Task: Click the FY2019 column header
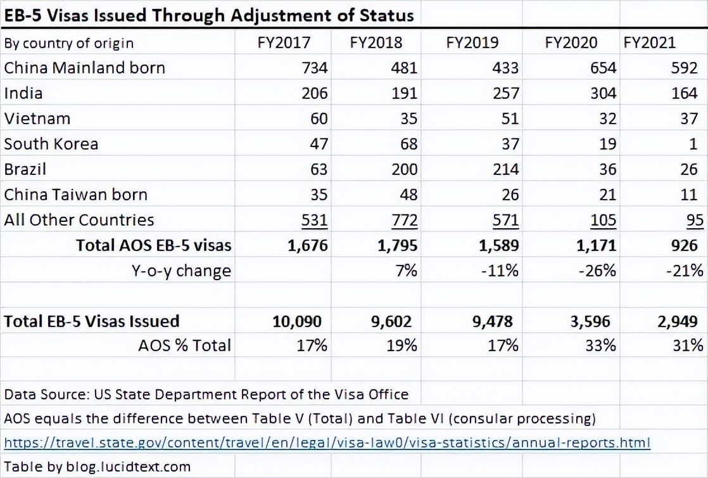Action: coord(472,42)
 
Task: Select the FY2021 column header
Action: coord(649,42)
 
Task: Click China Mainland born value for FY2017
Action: coord(315,68)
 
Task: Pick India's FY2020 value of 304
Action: coord(604,93)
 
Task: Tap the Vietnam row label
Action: coord(37,119)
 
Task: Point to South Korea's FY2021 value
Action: coord(693,144)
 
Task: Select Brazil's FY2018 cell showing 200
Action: coord(404,169)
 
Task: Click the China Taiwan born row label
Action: coord(76,195)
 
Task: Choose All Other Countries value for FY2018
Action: coord(404,220)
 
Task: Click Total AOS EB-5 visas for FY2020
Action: coord(596,245)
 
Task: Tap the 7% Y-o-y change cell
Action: coord(407,271)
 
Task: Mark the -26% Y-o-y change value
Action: coord(597,271)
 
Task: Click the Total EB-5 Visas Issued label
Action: coord(92,321)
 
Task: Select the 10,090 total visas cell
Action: coord(297,321)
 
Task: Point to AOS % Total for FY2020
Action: coord(601,346)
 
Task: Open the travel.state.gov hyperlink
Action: coord(327,442)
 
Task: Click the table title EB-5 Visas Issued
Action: coord(208,15)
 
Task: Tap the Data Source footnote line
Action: coord(206,394)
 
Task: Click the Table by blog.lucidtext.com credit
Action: coord(97,466)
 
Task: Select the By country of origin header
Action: coord(68,43)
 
